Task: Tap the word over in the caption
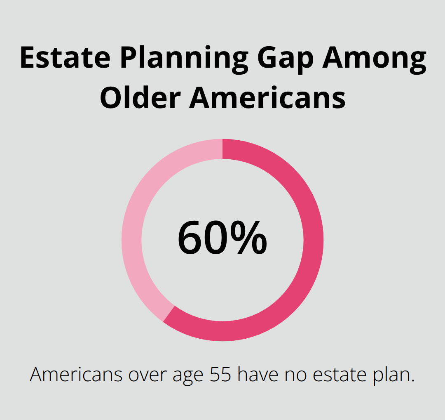[x=146, y=375]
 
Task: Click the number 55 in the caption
[x=222, y=375]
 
